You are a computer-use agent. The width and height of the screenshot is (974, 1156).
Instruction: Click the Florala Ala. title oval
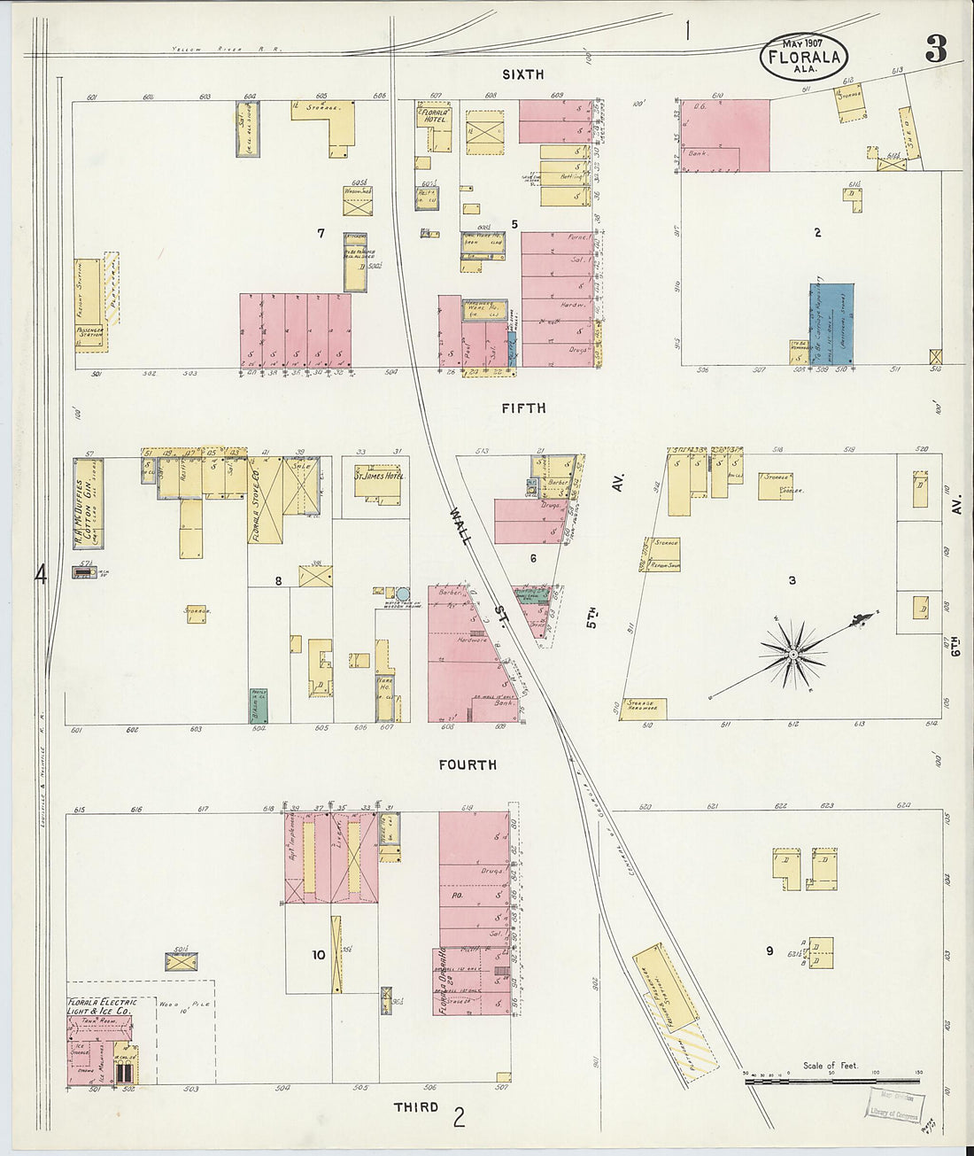(x=804, y=57)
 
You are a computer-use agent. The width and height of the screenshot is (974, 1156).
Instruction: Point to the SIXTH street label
(x=522, y=74)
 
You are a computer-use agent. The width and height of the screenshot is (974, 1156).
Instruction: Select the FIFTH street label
(x=523, y=408)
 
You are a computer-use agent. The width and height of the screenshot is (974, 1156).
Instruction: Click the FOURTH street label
(x=468, y=764)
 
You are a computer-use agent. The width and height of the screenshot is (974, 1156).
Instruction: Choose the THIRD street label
(x=416, y=1107)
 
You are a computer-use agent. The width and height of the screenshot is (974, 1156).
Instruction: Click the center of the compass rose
(x=795, y=655)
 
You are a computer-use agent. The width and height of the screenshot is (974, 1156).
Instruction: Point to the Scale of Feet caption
(x=830, y=1066)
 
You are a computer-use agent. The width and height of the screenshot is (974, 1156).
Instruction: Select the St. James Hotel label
(x=379, y=477)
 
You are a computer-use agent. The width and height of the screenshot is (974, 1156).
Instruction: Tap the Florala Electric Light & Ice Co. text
(x=102, y=1006)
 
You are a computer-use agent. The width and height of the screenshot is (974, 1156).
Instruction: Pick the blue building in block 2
(x=832, y=323)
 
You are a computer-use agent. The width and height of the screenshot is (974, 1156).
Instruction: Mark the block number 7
(x=321, y=233)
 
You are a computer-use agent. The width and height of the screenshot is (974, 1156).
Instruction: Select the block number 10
(x=319, y=955)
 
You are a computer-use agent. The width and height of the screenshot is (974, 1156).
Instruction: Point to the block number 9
(x=769, y=951)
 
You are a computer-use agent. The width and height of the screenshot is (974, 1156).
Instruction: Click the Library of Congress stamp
(x=894, y=1106)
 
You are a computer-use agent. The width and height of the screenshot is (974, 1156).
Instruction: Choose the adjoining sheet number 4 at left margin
(x=40, y=574)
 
